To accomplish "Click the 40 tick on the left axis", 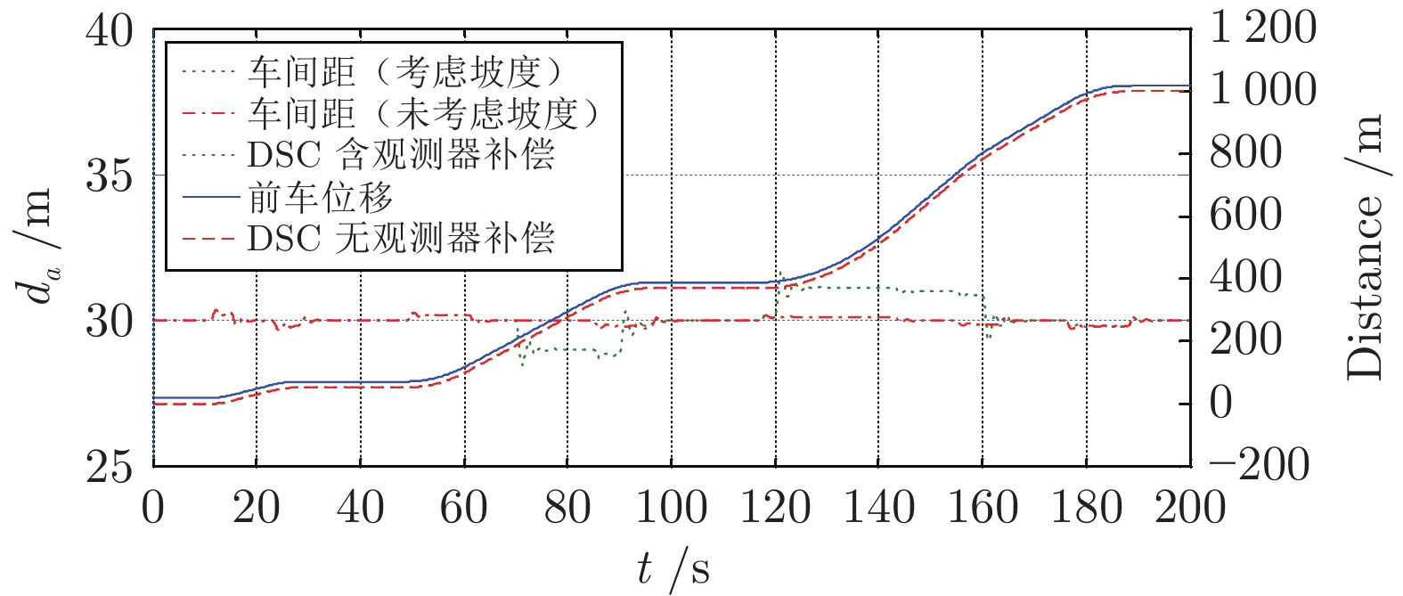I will pyautogui.click(x=110, y=32).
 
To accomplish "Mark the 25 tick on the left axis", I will pyautogui.click(x=110, y=465).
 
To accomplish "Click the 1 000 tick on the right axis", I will pyautogui.click(x=1261, y=91).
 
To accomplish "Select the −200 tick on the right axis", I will pyautogui.click(x=1260, y=465).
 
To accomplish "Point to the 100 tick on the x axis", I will pyautogui.click(x=672, y=509).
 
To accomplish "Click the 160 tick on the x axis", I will pyautogui.click(x=982, y=509).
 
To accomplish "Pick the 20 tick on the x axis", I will pyautogui.click(x=257, y=509).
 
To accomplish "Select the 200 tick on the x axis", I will pyautogui.click(x=1189, y=509).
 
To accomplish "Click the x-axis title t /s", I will pyautogui.click(x=673, y=567).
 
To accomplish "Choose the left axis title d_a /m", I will pyautogui.click(x=37, y=248).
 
